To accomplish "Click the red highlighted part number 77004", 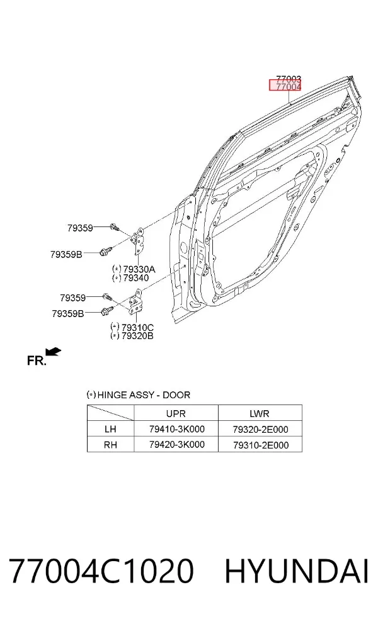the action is coord(289,86).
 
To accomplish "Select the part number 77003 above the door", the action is coord(289,79).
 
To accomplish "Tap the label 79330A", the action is coord(139,269).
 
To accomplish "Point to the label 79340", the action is coord(136,278).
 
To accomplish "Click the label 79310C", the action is coord(137,327).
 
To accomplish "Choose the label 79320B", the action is coord(137,336).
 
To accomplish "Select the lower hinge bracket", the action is coord(135,301).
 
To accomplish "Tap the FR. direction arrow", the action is coord(53,352).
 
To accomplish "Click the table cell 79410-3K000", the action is coord(177,429).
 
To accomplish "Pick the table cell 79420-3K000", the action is coord(177,445).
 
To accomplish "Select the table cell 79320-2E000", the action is coord(261,429).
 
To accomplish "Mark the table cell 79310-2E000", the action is coord(261,445).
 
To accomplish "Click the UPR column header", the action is coord(176,413).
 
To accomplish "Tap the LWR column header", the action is coord(260,413).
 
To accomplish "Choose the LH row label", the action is coord(110,429).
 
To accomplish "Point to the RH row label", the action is coord(110,445).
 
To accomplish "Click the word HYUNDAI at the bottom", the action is coord(297,571).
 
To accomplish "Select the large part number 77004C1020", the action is coord(101,571).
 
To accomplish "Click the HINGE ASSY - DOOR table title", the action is coord(139,395).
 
